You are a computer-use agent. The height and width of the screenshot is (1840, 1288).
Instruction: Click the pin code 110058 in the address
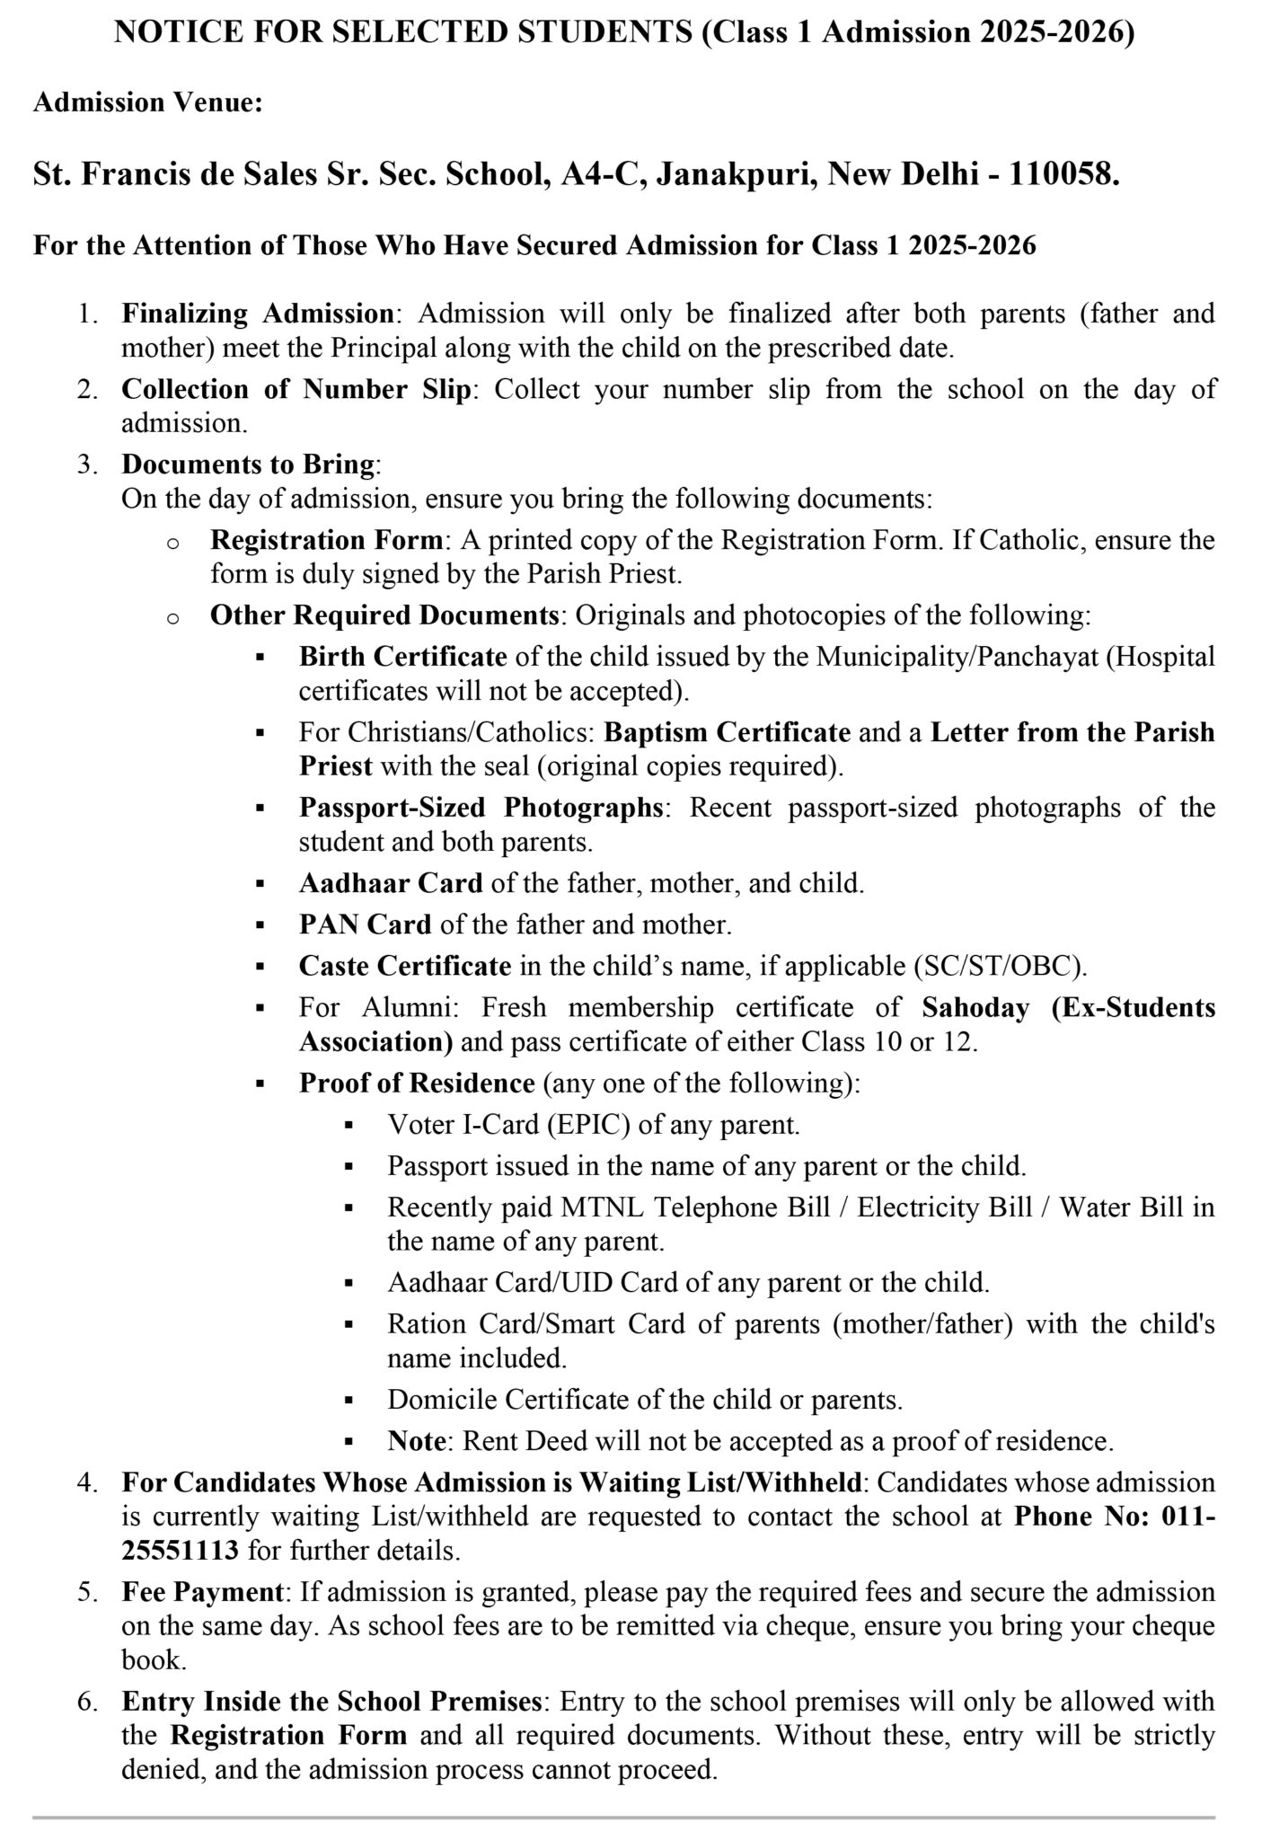pos(1063,173)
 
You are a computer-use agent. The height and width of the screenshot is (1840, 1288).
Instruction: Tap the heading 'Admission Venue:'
pos(148,102)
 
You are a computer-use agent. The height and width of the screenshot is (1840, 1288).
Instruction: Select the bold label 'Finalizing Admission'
pos(258,314)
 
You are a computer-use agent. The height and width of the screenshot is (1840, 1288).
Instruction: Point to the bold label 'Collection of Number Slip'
pos(296,389)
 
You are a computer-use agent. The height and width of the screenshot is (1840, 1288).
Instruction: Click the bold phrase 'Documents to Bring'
pos(248,464)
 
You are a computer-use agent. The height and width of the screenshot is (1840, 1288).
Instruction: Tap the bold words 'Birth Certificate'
pos(403,657)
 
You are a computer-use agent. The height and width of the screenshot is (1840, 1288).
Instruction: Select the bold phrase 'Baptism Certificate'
pos(727,732)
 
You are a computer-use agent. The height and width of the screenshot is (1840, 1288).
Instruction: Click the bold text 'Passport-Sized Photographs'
pos(481,808)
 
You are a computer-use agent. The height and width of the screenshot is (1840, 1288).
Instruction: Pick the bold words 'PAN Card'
pos(365,924)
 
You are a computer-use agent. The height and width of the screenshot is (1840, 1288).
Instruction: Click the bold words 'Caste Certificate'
pos(405,966)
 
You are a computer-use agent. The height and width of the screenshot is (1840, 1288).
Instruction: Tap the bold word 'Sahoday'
pos(975,1007)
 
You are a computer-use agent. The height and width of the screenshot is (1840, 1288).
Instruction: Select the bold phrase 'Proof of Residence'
pos(417,1083)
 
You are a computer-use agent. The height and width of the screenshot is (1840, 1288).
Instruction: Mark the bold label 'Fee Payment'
pos(203,1591)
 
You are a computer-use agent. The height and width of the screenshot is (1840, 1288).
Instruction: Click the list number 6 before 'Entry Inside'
pos(86,1701)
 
